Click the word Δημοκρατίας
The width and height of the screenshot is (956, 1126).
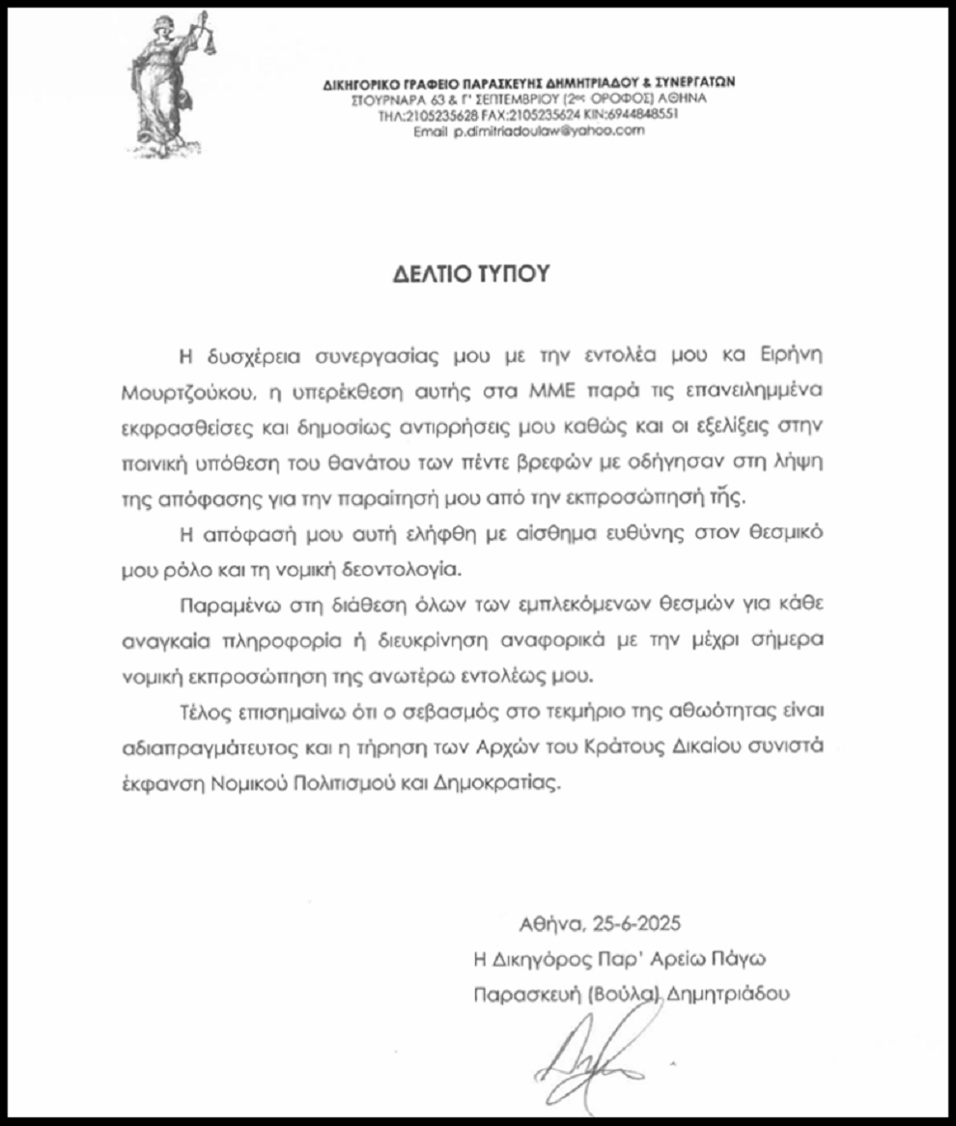click(503, 783)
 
